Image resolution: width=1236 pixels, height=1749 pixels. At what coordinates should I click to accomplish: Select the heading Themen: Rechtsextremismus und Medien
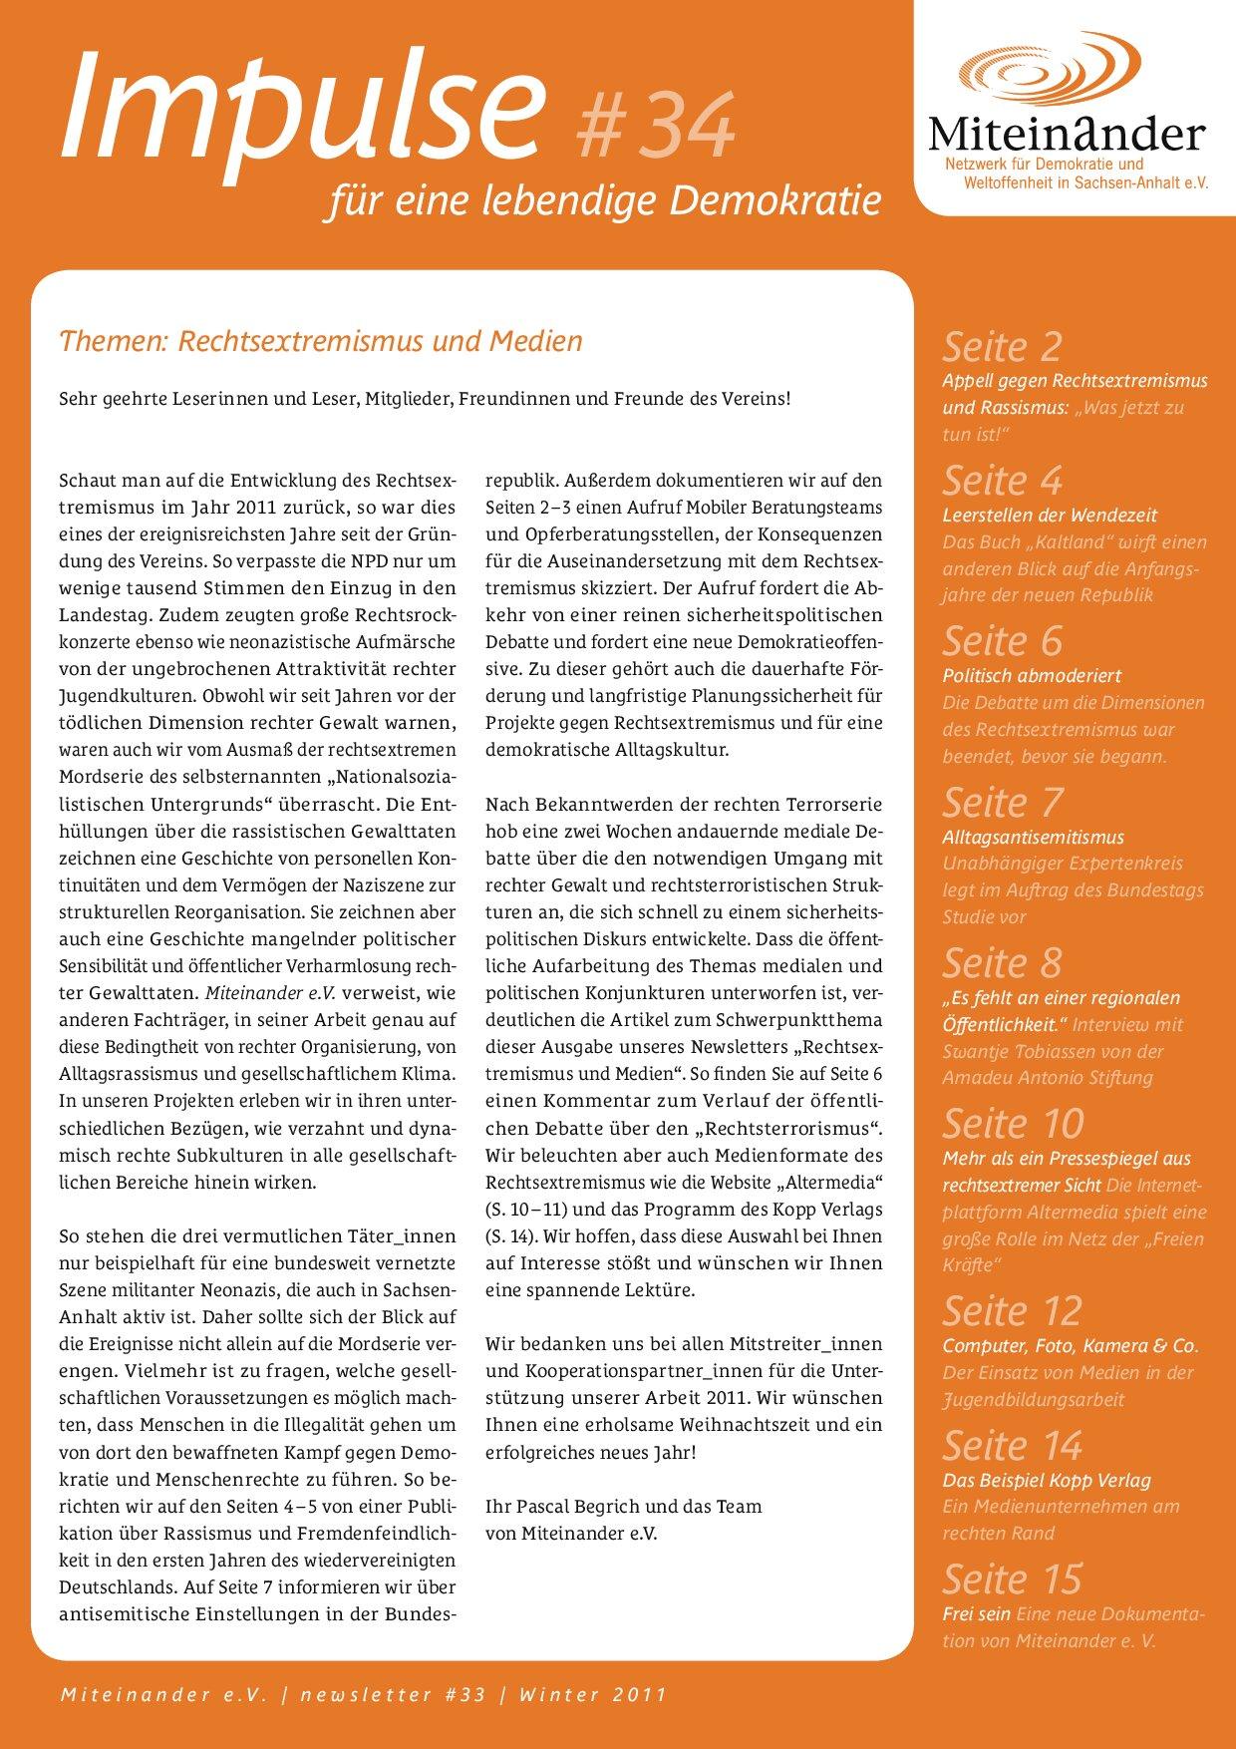(321, 341)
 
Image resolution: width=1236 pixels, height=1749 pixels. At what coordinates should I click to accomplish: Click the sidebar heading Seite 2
(1002, 347)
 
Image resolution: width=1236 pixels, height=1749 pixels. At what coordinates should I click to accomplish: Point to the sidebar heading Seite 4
(1002, 481)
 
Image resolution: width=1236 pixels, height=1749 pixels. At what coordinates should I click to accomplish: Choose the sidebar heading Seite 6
(1002, 641)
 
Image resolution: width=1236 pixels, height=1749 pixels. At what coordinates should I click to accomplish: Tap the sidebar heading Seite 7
(1002, 803)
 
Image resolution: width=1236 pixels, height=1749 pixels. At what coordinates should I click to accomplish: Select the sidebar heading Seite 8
(1002, 963)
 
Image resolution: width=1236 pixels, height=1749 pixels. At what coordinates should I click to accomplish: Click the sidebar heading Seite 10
(1013, 1124)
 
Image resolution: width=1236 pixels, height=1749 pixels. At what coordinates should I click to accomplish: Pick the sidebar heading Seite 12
(1012, 1311)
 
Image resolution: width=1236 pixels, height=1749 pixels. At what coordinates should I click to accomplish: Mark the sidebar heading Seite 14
(1012, 1446)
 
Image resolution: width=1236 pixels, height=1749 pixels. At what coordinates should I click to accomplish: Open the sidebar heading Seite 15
(1012, 1579)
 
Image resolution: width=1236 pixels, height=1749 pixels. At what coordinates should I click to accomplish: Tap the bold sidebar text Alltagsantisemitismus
(1033, 838)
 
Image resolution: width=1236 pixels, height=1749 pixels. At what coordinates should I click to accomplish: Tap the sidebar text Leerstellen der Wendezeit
(1050, 516)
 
